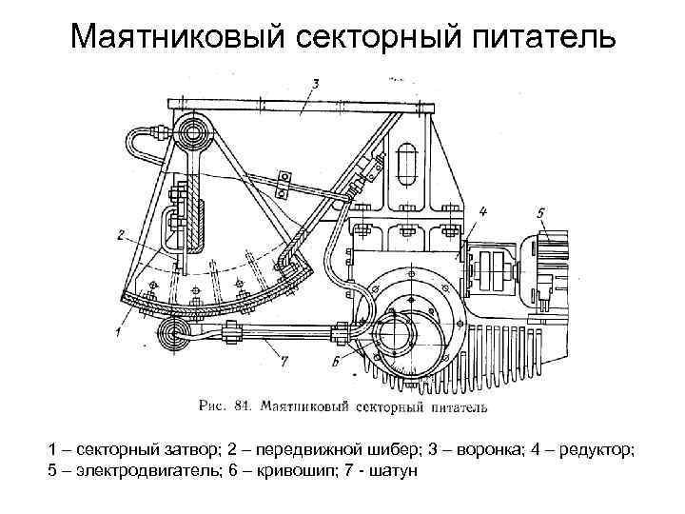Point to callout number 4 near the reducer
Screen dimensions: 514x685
click(483, 211)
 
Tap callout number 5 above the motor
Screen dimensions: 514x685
click(540, 212)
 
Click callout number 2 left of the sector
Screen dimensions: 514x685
click(122, 233)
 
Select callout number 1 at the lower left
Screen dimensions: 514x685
click(117, 331)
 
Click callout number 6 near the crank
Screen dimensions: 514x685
click(337, 361)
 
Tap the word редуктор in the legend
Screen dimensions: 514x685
click(601, 450)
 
